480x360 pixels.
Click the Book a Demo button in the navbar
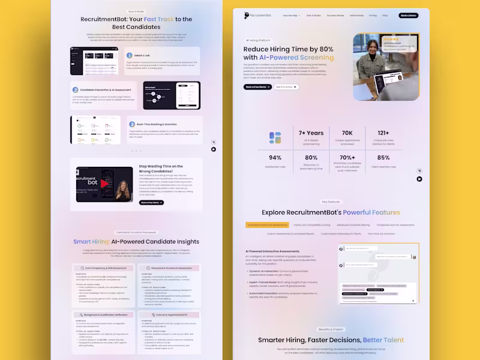(410, 15)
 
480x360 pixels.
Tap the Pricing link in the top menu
(373, 15)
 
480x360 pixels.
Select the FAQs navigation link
(385, 15)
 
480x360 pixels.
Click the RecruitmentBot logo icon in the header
(247, 15)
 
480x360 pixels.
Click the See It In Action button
(286, 87)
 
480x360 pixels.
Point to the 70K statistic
(347, 133)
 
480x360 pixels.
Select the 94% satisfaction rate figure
(275, 158)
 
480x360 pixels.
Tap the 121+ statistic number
(383, 133)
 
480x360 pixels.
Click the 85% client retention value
(383, 158)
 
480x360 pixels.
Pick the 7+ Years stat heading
(311, 133)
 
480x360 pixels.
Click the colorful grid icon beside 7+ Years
(275, 137)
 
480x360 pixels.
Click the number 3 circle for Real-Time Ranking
(132, 124)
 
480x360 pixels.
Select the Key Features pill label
(330, 202)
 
